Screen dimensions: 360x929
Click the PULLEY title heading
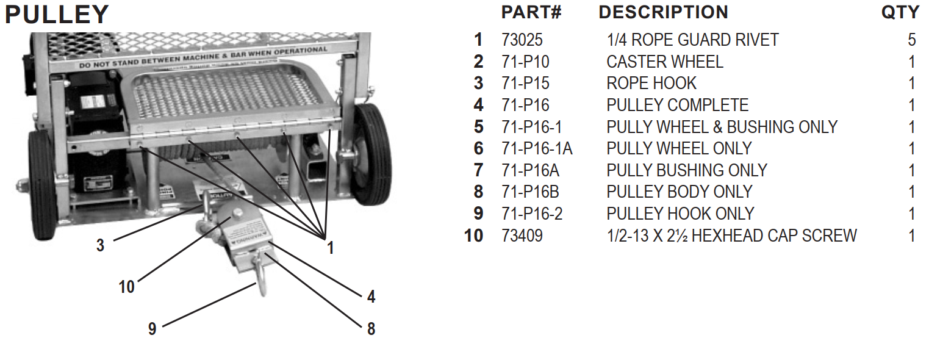pos(57,15)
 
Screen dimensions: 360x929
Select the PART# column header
pos(531,12)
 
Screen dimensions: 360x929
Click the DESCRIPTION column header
pos(663,12)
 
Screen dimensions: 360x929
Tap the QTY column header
pos(900,12)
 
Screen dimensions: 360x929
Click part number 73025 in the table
pos(522,40)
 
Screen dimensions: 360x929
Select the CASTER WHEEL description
pos(664,62)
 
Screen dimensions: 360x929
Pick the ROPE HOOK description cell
pos(651,84)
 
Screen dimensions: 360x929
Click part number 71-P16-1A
pos(537,148)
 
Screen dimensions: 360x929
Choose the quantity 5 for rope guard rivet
pos(911,40)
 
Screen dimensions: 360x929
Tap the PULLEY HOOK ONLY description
pos(680,214)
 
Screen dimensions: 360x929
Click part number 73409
pos(522,236)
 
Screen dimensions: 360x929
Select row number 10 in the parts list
pos(473,236)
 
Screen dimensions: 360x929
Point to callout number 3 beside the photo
pos(100,245)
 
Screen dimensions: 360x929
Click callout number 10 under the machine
pos(126,286)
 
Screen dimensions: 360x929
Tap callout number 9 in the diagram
pos(152,329)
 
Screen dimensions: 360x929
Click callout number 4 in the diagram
pos(371,297)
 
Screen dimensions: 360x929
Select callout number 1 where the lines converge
pos(330,248)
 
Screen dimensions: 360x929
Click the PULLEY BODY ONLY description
pos(679,192)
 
